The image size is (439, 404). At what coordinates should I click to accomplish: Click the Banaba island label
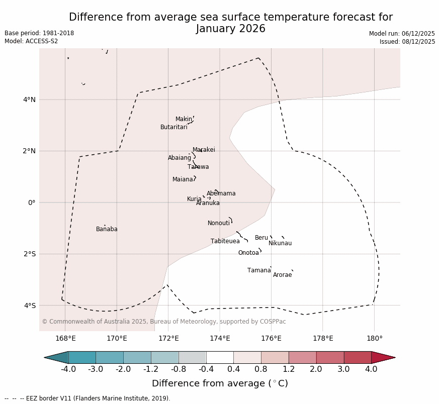coord(107,229)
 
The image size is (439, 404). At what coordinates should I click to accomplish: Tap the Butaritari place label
coord(173,127)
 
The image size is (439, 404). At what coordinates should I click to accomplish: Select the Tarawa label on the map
coord(198,167)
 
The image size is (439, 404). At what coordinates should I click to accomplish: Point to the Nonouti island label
coord(219,223)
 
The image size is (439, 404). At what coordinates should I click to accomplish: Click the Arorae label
coord(282,275)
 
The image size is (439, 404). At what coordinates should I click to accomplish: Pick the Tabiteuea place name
coord(225,241)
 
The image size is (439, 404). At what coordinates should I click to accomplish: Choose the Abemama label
coord(221,193)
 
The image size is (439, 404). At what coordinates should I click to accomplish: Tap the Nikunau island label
coord(280,243)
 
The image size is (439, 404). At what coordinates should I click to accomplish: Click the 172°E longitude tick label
coord(168,338)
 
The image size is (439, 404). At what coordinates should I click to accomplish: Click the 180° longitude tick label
coord(374,338)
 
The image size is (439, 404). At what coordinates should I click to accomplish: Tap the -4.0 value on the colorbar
coord(68,369)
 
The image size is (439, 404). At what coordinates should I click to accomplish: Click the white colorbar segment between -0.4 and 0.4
coord(220,357)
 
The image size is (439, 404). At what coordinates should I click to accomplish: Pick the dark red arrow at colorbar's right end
coord(383,357)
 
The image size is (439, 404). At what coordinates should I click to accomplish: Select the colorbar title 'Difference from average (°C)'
coord(220,383)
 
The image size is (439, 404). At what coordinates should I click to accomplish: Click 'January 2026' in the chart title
coord(231,29)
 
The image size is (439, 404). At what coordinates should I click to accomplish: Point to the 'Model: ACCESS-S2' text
coord(31,41)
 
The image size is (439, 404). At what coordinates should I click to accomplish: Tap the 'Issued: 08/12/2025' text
coord(407,42)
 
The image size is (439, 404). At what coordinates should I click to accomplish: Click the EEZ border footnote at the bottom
coord(87,398)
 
